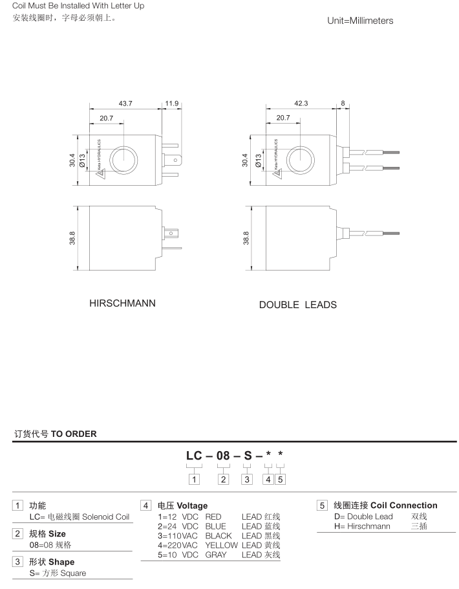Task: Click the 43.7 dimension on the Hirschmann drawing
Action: pos(126,104)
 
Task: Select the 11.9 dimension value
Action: pos(172,104)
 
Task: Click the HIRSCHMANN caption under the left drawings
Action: pos(122,303)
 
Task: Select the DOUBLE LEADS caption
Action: pos(297,304)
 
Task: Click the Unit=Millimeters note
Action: pos(360,21)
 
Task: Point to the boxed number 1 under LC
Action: pos(194,479)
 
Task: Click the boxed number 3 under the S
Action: pos(246,479)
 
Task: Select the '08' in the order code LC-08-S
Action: pos(223,456)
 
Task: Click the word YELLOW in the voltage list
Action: pos(222,545)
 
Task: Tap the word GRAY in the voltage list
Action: pos(216,555)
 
